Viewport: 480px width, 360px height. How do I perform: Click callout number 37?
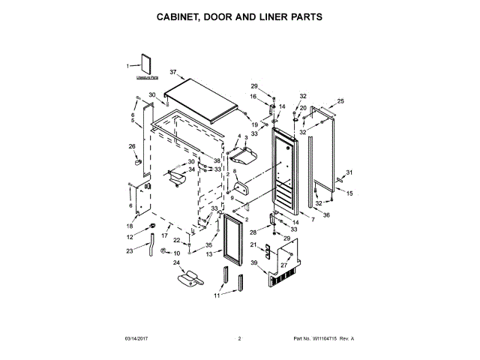pyautogui.click(x=172, y=73)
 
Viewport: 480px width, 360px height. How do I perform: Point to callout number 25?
pyautogui.click(x=340, y=101)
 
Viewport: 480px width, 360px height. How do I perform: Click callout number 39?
pyautogui.click(x=254, y=262)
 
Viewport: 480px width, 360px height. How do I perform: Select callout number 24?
pyautogui.click(x=177, y=262)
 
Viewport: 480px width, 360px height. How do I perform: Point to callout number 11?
pyautogui.click(x=217, y=295)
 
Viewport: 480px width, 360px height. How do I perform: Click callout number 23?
pyautogui.click(x=129, y=250)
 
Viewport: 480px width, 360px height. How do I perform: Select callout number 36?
pyautogui.click(x=325, y=214)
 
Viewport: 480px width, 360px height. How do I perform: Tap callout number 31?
pyautogui.click(x=349, y=173)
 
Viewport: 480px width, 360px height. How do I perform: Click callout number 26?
pyautogui.click(x=132, y=146)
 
